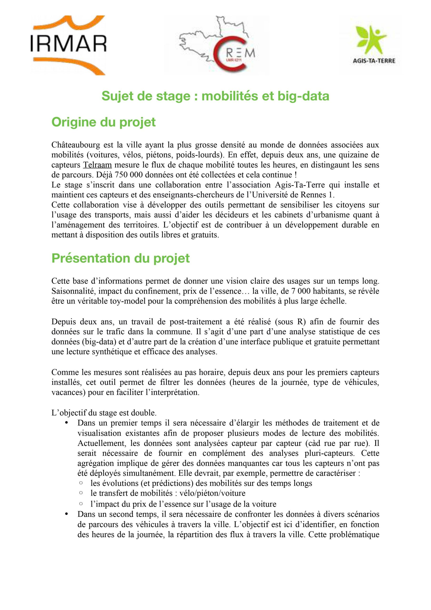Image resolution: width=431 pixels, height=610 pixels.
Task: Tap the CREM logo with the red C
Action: click(216, 45)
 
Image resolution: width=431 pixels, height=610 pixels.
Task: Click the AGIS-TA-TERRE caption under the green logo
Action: click(374, 61)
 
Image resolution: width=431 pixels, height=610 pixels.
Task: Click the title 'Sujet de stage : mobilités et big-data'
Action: click(215, 96)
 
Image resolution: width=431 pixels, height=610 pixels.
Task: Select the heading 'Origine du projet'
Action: click(104, 122)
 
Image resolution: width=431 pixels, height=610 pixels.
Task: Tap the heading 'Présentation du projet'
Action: click(120, 258)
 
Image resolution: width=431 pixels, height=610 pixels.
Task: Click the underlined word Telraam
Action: click(97, 165)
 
